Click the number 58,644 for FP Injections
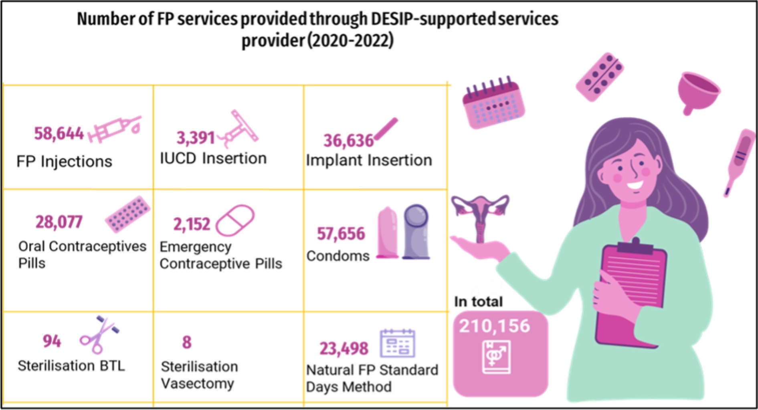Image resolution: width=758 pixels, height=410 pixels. coord(59,133)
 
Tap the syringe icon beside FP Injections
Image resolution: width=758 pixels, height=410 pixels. coord(115,129)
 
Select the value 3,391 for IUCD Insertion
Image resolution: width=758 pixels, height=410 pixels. coord(196,138)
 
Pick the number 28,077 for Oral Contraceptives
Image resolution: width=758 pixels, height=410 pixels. coord(59,222)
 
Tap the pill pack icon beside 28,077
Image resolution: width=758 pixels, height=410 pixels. coord(128,214)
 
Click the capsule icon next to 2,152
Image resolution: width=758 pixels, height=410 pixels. coord(235,220)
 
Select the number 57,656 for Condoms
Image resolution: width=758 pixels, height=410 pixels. coord(341,234)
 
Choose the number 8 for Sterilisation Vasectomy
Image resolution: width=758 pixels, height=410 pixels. coord(187,342)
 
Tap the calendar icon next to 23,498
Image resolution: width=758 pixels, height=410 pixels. coord(397,343)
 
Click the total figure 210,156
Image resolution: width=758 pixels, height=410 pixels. coord(494,326)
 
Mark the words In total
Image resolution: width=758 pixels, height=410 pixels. coord(478,301)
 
